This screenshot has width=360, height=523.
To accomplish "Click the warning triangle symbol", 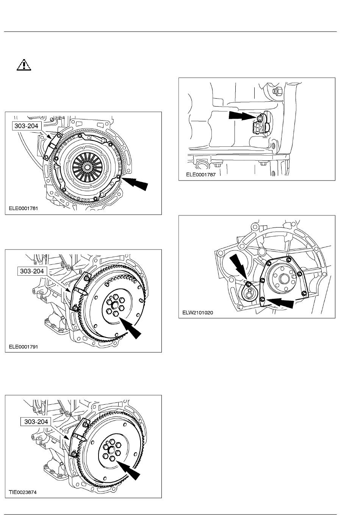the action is click(24, 65).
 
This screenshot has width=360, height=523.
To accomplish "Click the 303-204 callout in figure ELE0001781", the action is click(27, 126).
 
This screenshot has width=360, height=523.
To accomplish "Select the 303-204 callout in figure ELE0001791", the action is click(32, 271).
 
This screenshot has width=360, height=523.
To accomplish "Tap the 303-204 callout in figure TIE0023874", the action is click(36, 421).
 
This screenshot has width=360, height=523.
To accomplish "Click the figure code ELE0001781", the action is click(23, 208).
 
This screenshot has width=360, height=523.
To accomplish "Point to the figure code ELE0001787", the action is click(200, 174).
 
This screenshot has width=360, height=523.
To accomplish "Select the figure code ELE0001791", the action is click(23, 347).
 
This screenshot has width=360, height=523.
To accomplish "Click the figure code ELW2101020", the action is click(197, 313).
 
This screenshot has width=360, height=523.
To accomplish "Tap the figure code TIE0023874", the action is click(23, 492).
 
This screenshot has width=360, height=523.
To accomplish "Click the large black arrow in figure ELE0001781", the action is click(135, 183).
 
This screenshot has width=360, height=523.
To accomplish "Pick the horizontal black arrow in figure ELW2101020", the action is click(280, 303).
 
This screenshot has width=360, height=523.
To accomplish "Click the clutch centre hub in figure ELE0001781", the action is click(87, 167).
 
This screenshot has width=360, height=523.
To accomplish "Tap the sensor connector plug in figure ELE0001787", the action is click(256, 128).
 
